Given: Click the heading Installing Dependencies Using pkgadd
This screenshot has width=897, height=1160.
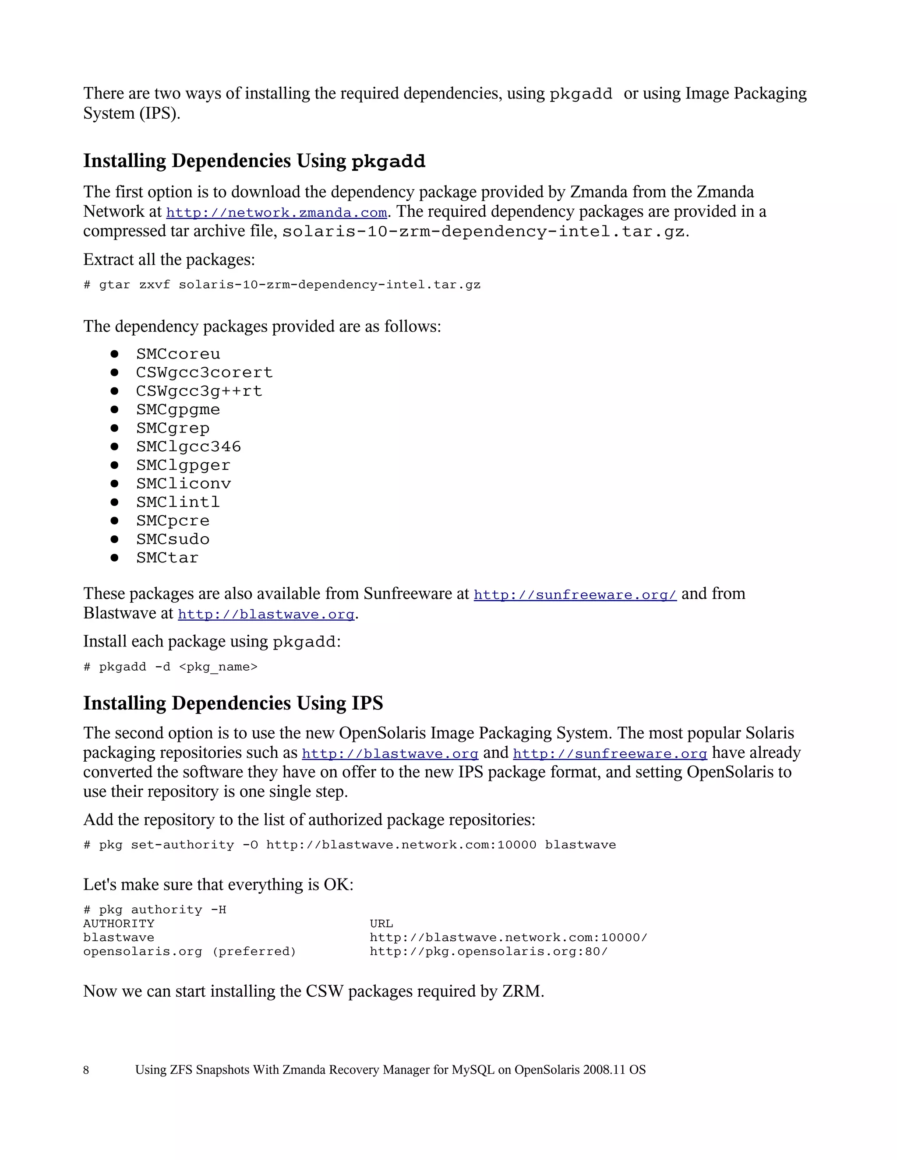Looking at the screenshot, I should pyautogui.click(x=254, y=161).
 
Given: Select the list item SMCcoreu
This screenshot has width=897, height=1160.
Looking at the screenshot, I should pyautogui.click(x=178, y=354).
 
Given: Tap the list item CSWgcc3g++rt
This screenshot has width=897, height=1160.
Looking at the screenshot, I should pyautogui.click(x=199, y=391).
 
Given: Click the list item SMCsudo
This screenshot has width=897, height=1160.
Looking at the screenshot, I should pyautogui.click(x=173, y=539).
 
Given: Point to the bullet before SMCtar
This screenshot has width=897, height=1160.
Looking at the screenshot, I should pyautogui.click(x=114, y=558).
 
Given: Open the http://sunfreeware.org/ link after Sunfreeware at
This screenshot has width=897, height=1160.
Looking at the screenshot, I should pyautogui.click(x=575, y=595).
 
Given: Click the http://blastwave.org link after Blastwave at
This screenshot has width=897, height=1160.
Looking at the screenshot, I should pyautogui.click(x=266, y=615).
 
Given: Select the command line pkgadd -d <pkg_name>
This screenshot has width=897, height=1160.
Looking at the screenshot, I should pyautogui.click(x=170, y=667).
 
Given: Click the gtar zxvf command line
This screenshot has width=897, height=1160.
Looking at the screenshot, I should pyautogui.click(x=282, y=285).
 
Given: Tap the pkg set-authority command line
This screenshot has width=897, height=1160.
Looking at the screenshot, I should pyautogui.click(x=349, y=845).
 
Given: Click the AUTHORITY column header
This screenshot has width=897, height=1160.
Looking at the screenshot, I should pyautogui.click(x=119, y=924).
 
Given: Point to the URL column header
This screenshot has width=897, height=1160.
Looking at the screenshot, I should pyautogui.click(x=381, y=924).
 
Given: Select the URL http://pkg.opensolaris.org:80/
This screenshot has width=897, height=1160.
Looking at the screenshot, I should pyautogui.click(x=488, y=951).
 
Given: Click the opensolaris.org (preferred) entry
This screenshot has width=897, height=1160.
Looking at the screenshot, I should pyautogui.click(x=189, y=951).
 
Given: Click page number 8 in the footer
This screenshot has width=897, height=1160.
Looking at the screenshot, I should pyautogui.click(x=86, y=1070).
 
